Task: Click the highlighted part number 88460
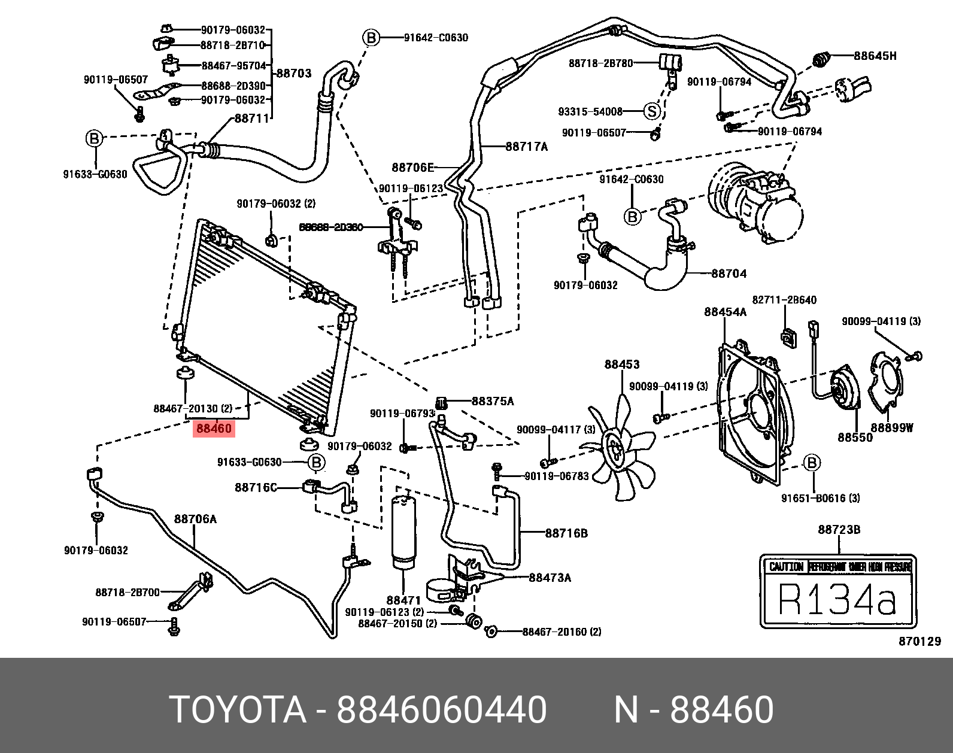214,429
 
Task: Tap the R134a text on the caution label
837,599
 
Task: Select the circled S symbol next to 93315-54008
652,111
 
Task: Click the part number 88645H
875,56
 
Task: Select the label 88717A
527,147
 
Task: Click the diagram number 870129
919,642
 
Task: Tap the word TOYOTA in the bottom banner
238,710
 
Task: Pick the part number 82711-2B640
784,300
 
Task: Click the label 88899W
892,428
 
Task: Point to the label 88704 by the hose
729,274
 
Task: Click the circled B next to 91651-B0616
812,463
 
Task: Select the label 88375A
493,401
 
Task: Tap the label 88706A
195,519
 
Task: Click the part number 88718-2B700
128,592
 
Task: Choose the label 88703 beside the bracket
293,73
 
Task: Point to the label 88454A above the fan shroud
725,312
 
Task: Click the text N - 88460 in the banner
694,710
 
